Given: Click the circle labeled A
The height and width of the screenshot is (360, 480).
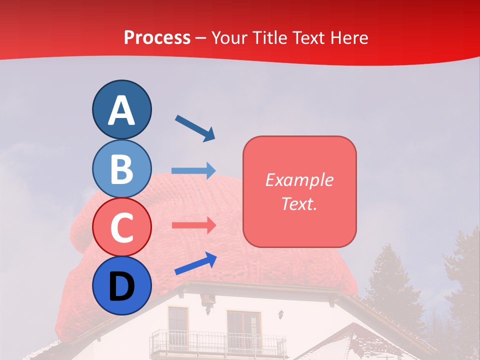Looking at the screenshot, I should [x=121, y=109].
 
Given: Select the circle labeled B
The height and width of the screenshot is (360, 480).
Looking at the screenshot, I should [x=121, y=168].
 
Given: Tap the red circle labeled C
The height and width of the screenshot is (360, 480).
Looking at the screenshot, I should [x=121, y=227].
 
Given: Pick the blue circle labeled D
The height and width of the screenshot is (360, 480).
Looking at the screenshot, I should [x=121, y=285].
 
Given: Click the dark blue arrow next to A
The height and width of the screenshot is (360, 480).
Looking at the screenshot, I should [x=195, y=128].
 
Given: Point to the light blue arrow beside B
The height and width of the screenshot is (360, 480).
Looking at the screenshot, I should [x=193, y=171].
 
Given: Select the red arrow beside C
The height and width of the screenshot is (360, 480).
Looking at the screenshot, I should [x=193, y=225].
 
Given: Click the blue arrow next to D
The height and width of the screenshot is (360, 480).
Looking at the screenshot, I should [x=195, y=263].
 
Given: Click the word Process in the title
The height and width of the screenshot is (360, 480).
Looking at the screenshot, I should [x=157, y=37].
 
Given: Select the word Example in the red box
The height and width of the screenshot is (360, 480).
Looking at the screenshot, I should [x=299, y=180].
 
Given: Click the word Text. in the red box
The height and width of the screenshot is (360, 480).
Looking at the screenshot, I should [x=299, y=203].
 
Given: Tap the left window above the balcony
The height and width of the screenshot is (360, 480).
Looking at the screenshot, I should [x=177, y=322].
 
